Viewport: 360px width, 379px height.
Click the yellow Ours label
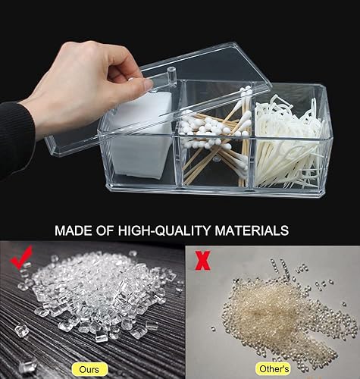pos(89,369)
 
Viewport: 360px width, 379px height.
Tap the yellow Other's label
pos(274,369)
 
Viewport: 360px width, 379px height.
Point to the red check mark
pos(21,257)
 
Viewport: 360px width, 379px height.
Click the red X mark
pos(202,260)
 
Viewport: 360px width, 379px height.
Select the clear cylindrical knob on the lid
pos(171,77)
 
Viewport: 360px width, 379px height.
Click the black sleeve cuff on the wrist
pos(17,139)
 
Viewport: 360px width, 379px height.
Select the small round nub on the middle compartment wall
pos(215,159)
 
